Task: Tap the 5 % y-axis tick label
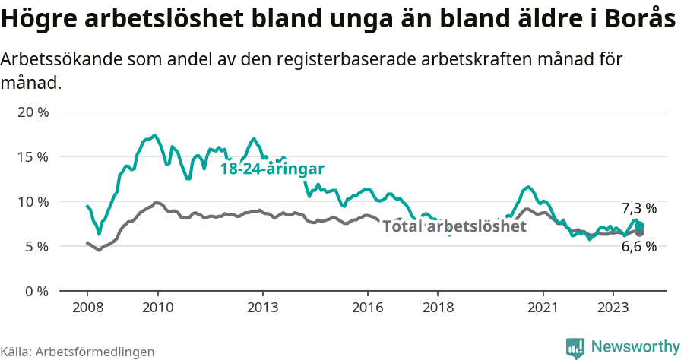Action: (x=36, y=246)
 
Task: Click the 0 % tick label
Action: (x=36, y=291)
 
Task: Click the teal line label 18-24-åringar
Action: (x=272, y=169)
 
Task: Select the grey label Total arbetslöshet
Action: (x=454, y=226)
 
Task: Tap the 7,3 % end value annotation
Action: (x=638, y=208)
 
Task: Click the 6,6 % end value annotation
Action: (x=638, y=246)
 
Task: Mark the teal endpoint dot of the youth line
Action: (x=640, y=226)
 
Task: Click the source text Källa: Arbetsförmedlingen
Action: (x=78, y=352)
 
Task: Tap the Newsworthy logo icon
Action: (x=575, y=347)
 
